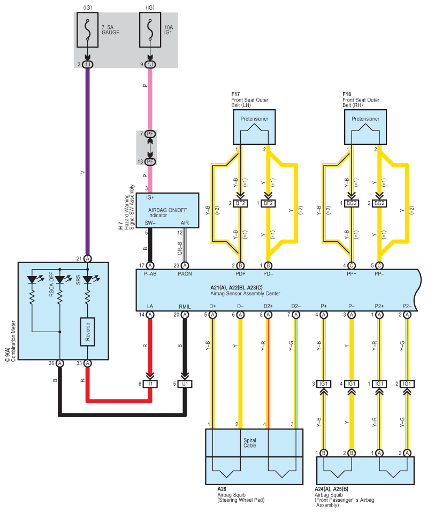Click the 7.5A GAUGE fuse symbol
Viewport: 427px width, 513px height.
click(x=87, y=30)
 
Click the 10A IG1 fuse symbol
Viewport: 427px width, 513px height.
click(x=150, y=30)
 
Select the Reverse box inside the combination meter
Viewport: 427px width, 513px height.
click(x=88, y=332)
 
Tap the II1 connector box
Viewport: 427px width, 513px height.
click(x=150, y=384)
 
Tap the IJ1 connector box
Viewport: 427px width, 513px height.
click(x=185, y=384)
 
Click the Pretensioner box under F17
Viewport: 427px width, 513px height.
click(x=254, y=127)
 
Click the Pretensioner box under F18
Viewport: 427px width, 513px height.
click(x=365, y=127)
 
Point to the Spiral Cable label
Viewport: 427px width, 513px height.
click(x=250, y=443)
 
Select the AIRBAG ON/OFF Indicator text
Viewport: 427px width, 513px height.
click(x=167, y=212)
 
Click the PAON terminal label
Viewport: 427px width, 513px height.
click(x=185, y=274)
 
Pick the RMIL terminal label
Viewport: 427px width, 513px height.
click(x=185, y=307)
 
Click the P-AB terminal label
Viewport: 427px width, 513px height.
click(x=150, y=274)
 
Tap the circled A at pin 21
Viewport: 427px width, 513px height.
click(x=87, y=258)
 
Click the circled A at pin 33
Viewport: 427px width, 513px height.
click(x=87, y=363)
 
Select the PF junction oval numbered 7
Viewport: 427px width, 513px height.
click(x=150, y=134)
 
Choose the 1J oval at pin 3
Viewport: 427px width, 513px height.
click(x=87, y=64)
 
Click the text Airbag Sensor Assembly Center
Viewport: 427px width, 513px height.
click(x=246, y=294)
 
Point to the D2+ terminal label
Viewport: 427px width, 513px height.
click(x=268, y=306)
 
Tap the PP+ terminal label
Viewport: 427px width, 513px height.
click(x=352, y=274)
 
